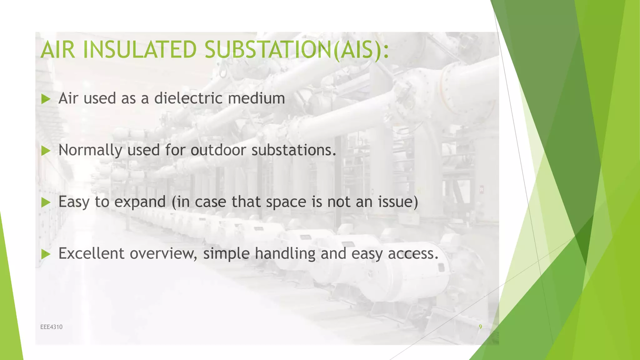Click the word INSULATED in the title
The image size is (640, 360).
(139, 50)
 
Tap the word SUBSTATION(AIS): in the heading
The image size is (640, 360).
(297, 50)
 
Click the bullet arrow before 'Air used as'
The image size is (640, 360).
(46, 99)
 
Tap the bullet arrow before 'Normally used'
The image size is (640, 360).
(46, 151)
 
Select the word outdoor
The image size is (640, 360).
(218, 150)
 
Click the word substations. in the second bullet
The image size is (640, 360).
(294, 150)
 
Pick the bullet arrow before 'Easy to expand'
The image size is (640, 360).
(46, 203)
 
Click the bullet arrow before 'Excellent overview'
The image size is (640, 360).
(46, 254)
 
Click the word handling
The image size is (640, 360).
(285, 253)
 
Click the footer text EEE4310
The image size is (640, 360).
(51, 327)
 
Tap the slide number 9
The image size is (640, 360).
(480, 327)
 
